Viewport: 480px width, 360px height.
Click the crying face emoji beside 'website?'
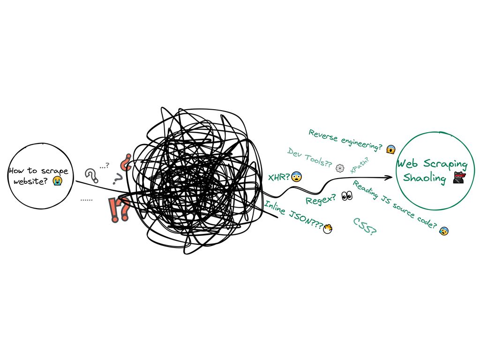(x=57, y=181)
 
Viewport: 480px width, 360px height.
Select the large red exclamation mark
(x=113, y=210)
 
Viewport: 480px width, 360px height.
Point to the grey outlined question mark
(x=91, y=175)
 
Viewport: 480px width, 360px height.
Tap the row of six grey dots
(x=86, y=200)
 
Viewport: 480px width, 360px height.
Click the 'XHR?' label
(x=278, y=178)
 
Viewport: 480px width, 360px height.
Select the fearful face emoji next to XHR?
(x=296, y=177)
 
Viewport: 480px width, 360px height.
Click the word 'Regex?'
(x=321, y=200)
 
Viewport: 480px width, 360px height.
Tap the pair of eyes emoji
(x=347, y=196)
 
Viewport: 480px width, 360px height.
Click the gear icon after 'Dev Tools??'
(x=340, y=167)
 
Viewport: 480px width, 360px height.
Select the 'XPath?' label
(x=360, y=165)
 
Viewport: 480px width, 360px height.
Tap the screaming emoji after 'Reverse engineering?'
(x=390, y=150)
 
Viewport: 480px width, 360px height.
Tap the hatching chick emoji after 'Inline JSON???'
(x=329, y=228)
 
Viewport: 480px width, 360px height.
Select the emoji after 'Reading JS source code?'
(x=443, y=231)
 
